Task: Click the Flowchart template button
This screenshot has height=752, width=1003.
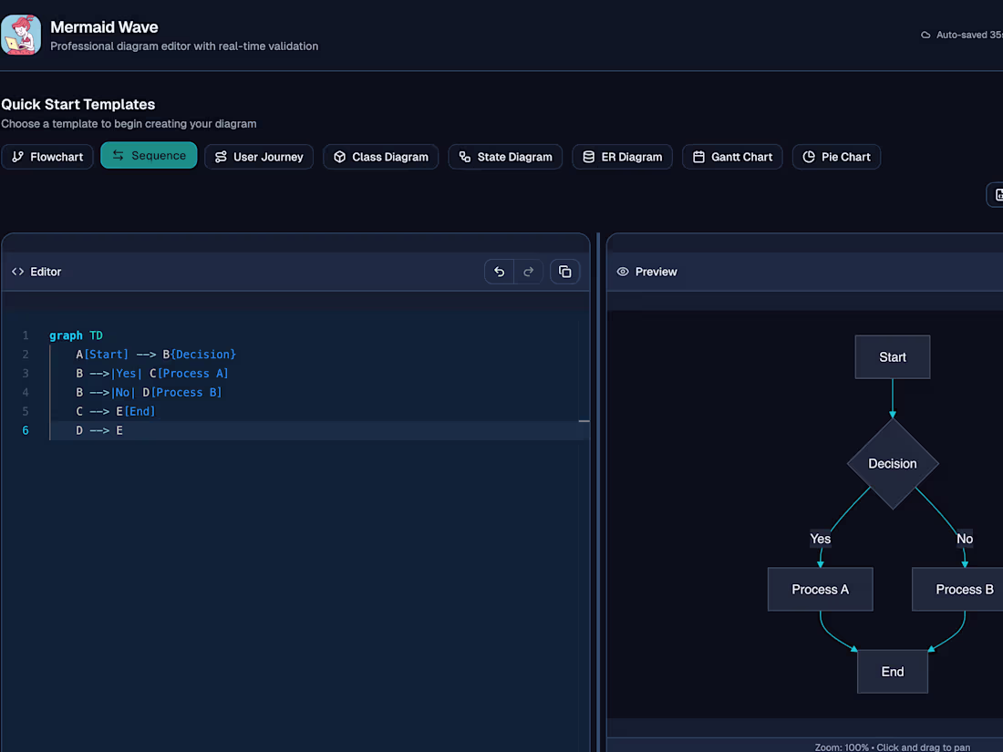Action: pyautogui.click(x=47, y=157)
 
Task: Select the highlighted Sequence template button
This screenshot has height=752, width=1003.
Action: pyautogui.click(x=149, y=155)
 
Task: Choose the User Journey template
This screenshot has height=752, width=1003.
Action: pyautogui.click(x=258, y=157)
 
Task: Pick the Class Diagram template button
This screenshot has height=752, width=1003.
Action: pyautogui.click(x=380, y=157)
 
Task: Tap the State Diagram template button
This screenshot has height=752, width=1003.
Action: pyautogui.click(x=505, y=157)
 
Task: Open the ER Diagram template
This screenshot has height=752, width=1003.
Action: pyautogui.click(x=623, y=157)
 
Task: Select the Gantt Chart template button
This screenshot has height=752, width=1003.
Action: pyautogui.click(x=732, y=157)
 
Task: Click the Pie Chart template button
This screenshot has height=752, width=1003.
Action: pyautogui.click(x=836, y=157)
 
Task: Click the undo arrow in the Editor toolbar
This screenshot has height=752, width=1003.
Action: pyautogui.click(x=499, y=272)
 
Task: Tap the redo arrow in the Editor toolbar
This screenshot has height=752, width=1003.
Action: pyautogui.click(x=528, y=272)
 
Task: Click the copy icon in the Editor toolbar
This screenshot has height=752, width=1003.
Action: pyautogui.click(x=564, y=272)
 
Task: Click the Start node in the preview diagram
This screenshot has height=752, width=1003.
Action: pyautogui.click(x=893, y=356)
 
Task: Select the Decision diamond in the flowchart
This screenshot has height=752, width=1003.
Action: pyautogui.click(x=893, y=464)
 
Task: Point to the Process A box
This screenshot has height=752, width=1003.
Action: pyautogui.click(x=820, y=589)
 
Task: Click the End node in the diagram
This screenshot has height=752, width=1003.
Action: pyautogui.click(x=893, y=672)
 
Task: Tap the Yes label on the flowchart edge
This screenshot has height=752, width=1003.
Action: pyautogui.click(x=820, y=539)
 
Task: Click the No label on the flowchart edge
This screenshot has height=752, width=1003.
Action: pyautogui.click(x=965, y=539)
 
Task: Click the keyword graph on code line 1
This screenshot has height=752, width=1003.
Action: pyautogui.click(x=66, y=335)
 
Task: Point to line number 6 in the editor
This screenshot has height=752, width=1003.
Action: pyautogui.click(x=26, y=430)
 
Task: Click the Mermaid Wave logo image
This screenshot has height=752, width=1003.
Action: pyautogui.click(x=21, y=36)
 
